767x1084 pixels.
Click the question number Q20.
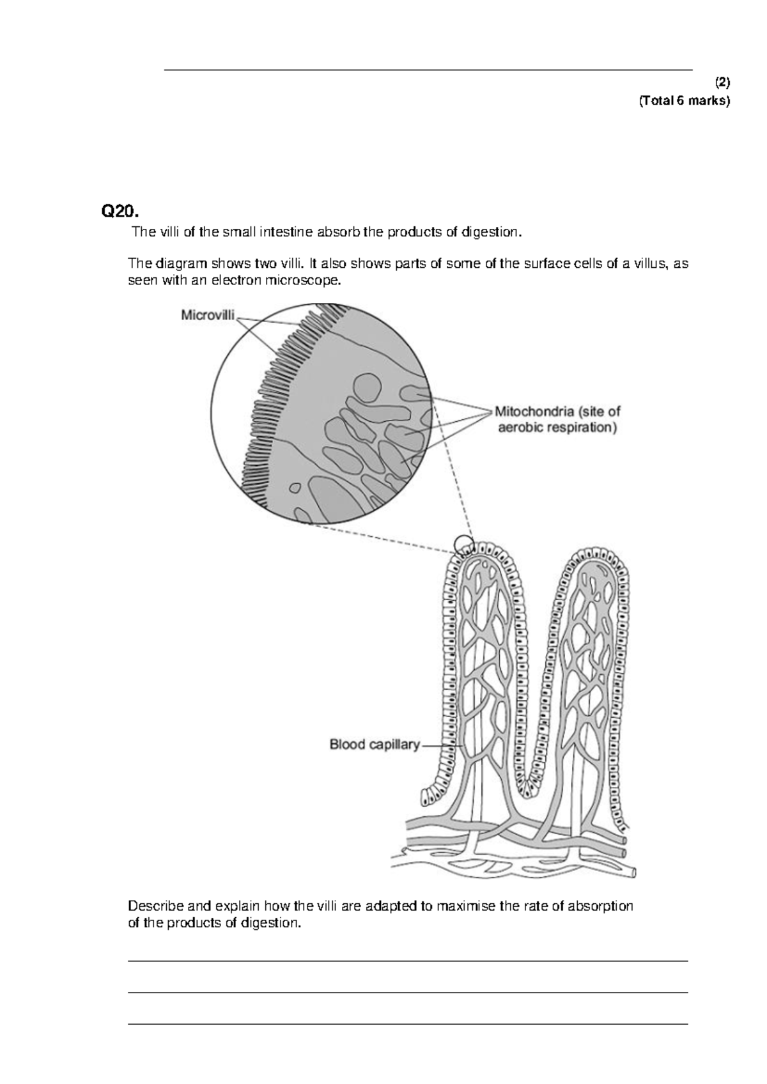(120, 210)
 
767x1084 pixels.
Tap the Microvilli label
(208, 314)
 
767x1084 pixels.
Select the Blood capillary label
(375, 745)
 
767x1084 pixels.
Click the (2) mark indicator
(722, 82)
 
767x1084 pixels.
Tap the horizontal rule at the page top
(428, 70)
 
